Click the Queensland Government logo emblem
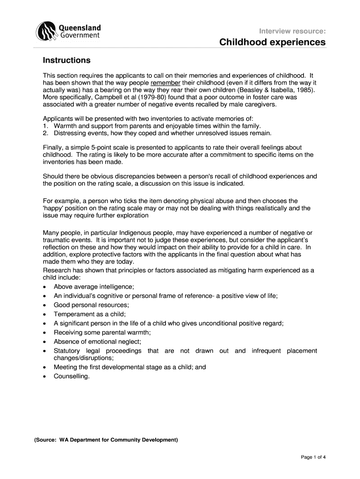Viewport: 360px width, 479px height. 48,31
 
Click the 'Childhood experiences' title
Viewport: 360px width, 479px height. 273,42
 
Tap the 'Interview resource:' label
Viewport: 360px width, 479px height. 293,31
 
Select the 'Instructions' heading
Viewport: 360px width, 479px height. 66,60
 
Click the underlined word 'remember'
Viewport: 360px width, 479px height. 166,82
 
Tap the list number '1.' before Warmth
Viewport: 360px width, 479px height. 45,126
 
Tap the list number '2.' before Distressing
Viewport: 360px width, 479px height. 45,134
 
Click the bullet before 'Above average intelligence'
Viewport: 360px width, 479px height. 44,287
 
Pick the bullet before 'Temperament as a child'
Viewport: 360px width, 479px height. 44,314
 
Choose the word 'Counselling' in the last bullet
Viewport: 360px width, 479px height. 71,376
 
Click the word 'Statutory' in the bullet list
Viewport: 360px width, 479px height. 67,350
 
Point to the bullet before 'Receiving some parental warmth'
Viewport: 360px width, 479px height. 44,333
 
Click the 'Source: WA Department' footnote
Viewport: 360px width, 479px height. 106,440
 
